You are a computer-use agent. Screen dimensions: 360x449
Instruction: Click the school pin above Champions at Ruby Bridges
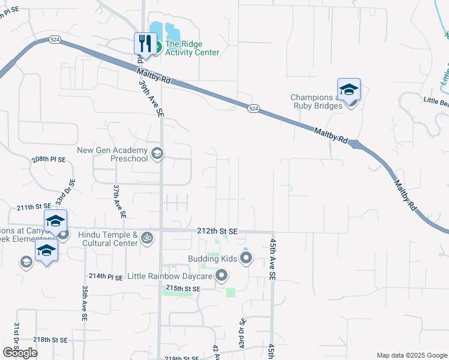[x=349, y=90]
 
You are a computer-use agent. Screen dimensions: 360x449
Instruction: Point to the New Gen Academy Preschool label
[x=112, y=154]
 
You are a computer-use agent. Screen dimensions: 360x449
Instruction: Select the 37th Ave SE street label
[x=119, y=200]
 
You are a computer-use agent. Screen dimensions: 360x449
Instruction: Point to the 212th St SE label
[x=217, y=231]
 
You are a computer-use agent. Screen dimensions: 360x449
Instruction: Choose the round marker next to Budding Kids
[x=246, y=259]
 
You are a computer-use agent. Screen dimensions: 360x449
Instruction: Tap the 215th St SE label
[x=182, y=289]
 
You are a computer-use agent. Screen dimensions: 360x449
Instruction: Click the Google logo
[x=20, y=353]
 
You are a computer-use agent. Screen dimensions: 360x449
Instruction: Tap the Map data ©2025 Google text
[x=411, y=355]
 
